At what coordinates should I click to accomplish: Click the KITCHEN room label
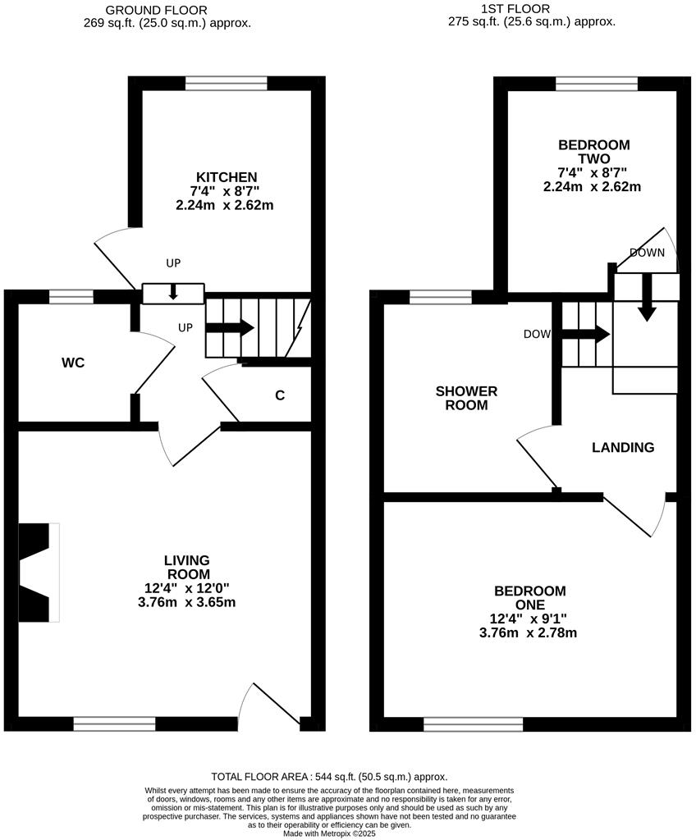(x=226, y=177)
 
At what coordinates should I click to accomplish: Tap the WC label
(x=73, y=363)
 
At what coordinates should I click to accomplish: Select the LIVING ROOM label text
(x=187, y=567)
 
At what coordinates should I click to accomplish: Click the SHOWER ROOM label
(x=466, y=398)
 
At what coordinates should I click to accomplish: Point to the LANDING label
(x=623, y=447)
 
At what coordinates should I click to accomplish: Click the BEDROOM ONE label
(x=529, y=598)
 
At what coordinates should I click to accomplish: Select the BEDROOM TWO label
(x=593, y=152)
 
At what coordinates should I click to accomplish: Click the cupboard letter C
(x=280, y=395)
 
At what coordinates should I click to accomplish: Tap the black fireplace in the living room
(x=34, y=573)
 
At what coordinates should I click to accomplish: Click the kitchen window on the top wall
(x=226, y=83)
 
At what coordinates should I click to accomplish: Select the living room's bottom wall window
(x=114, y=724)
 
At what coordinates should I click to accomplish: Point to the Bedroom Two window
(x=597, y=83)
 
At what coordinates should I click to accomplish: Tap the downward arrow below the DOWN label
(x=647, y=298)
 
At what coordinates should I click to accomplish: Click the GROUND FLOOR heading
(x=167, y=10)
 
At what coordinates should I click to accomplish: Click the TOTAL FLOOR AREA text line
(x=329, y=777)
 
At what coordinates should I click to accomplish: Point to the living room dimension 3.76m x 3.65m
(x=187, y=602)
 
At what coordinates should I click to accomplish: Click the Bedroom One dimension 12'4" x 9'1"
(x=529, y=619)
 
